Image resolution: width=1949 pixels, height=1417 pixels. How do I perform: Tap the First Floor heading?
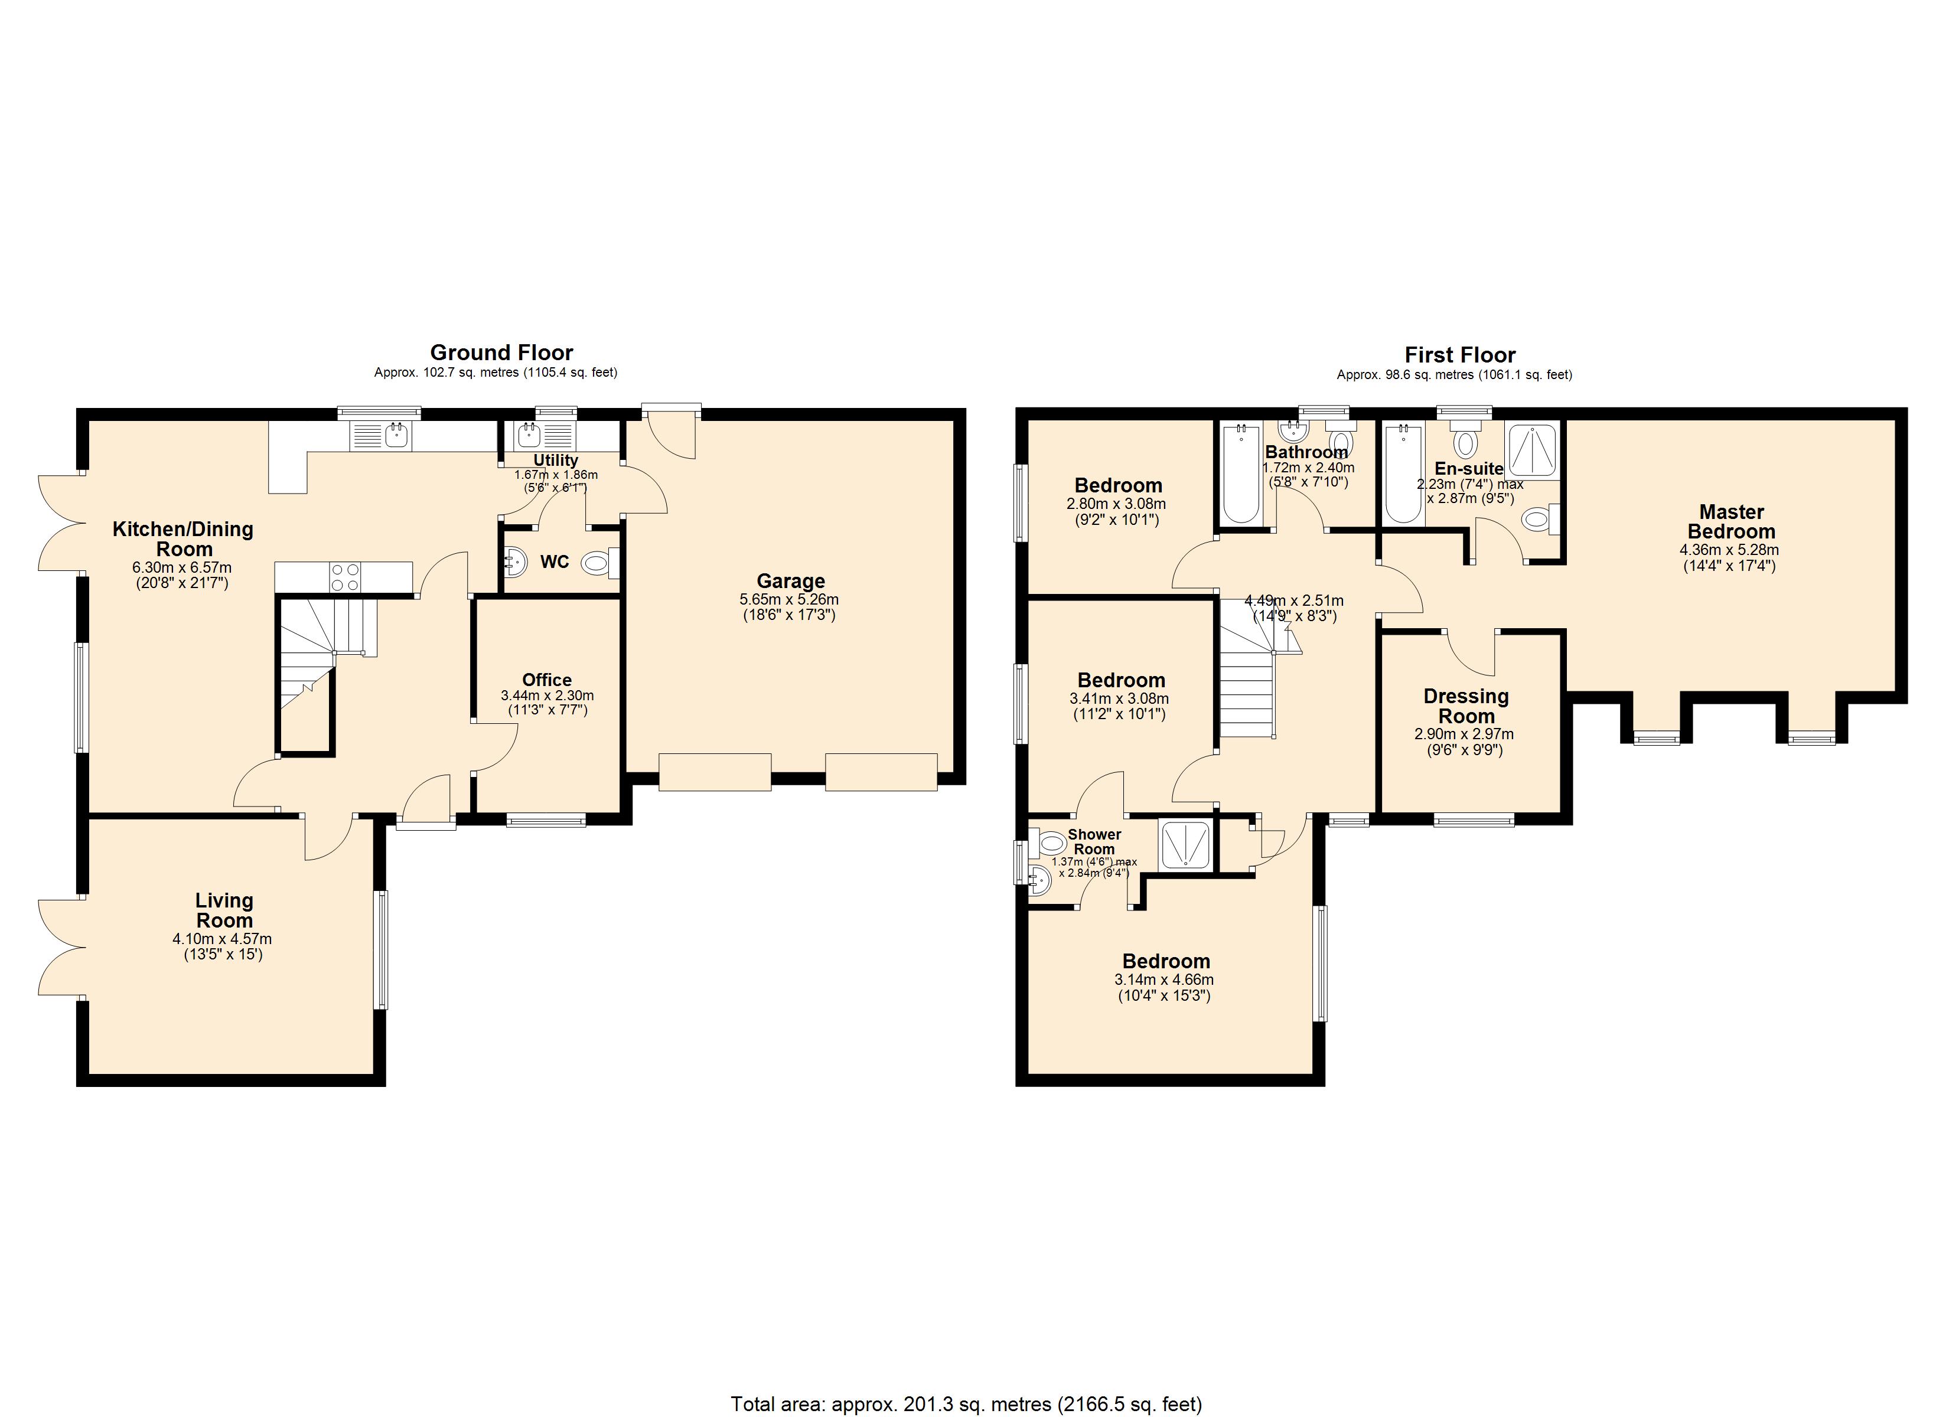click(x=1460, y=355)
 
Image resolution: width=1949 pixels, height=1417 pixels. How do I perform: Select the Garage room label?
click(x=791, y=582)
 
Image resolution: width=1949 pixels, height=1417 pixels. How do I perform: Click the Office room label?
click(x=546, y=680)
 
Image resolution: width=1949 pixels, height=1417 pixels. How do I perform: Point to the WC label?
click(x=554, y=562)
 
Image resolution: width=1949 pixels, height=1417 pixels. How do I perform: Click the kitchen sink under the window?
click(x=382, y=436)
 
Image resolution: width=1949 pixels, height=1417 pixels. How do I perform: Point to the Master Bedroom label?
click(x=1730, y=521)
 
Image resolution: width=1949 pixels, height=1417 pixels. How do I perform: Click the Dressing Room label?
click(x=1466, y=706)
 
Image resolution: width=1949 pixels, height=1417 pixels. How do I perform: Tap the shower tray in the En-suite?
click(x=1531, y=450)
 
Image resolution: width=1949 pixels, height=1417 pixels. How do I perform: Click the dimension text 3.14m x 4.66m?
click(x=1165, y=980)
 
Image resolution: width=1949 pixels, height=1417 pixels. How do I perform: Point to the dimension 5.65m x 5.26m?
click(x=789, y=600)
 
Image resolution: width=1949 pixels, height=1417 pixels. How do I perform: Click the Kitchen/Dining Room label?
click(x=183, y=539)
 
